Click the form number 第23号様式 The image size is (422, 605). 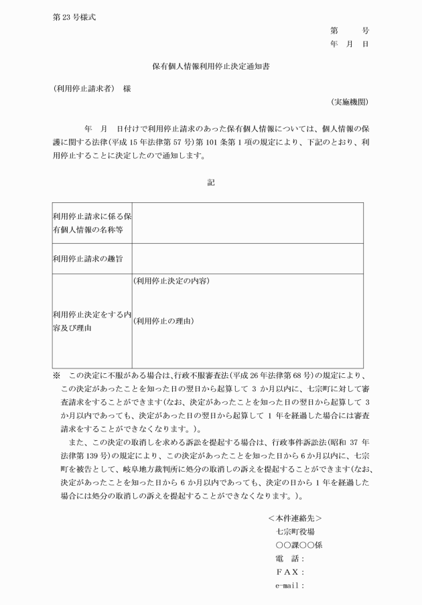[74, 17]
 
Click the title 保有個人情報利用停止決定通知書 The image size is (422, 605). [211, 67]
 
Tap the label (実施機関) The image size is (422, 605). [350, 102]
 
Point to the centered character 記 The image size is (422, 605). [211, 182]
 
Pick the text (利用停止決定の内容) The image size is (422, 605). [171, 281]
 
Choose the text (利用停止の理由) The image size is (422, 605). [163, 321]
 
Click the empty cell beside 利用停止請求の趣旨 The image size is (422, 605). [247, 257]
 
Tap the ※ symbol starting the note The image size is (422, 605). [56, 376]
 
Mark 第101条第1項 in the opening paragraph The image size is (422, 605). [238, 143]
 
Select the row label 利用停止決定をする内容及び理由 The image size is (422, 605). [91, 321]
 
